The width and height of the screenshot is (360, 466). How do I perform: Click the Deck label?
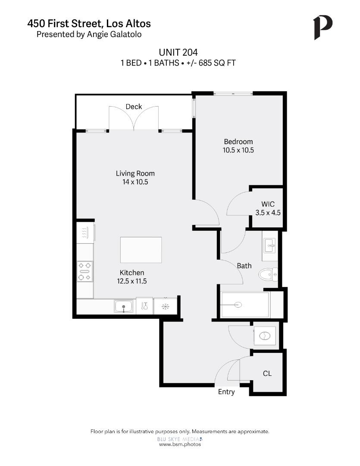134,107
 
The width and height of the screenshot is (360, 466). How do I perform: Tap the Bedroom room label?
238,142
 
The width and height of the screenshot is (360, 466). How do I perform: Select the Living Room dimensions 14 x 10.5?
135,182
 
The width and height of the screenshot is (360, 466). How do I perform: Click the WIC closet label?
268,204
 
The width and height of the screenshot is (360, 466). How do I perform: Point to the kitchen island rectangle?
141,250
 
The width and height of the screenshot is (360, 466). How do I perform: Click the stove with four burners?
85,271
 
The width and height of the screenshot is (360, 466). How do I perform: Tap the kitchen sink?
124,307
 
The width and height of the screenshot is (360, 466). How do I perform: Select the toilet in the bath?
268,274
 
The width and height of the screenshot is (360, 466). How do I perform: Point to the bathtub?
244,305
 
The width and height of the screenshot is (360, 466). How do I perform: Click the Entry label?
226,392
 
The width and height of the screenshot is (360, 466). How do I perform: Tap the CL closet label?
267,373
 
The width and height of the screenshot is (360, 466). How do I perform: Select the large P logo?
323,27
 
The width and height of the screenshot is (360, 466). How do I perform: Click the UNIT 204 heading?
178,52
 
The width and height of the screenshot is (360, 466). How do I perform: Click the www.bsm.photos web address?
180,444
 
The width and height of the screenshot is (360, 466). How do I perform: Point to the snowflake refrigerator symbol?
165,307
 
